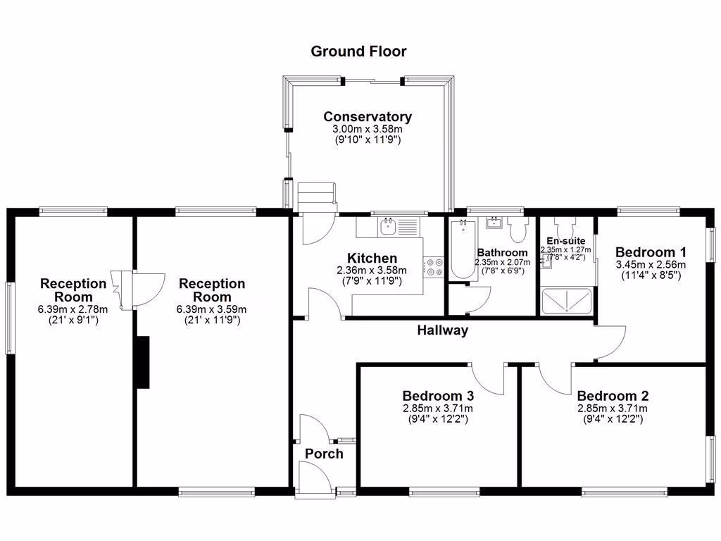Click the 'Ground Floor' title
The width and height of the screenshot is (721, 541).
pos(358,51)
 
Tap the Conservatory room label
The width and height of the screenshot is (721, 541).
pos(368,117)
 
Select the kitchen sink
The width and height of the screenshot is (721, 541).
pos(388,226)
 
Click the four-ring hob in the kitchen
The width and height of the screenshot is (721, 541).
pos(432,266)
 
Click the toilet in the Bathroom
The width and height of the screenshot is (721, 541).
pos(519,229)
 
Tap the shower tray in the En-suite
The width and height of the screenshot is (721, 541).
pos(566,301)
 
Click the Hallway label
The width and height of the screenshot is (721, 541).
pos(442,330)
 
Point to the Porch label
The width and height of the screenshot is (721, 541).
pos(324,454)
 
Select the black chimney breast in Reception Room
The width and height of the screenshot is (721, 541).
pos(143,362)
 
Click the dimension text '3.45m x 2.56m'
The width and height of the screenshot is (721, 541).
pos(651,265)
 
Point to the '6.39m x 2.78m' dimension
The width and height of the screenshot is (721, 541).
pos(73,309)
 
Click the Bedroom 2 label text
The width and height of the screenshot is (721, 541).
pos(612,396)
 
